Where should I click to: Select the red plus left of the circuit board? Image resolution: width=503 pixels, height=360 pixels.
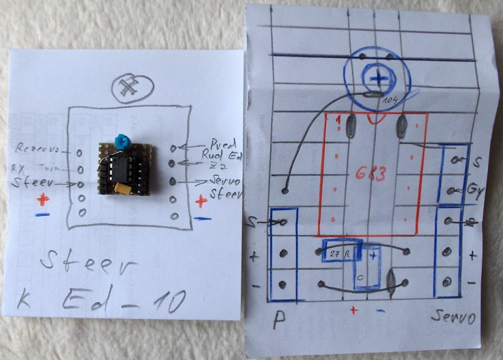[43, 200]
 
